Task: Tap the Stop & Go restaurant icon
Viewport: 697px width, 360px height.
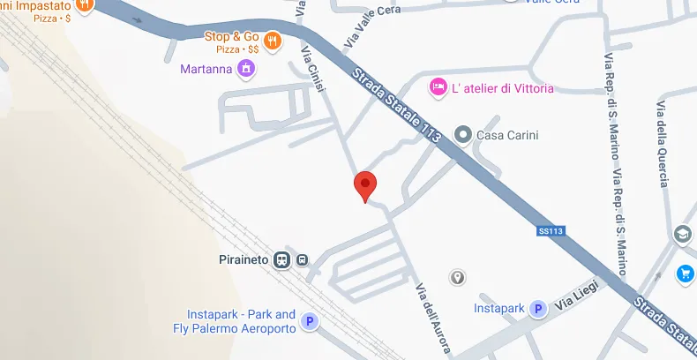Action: click(x=273, y=39)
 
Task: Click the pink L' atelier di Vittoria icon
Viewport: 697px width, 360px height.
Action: click(x=436, y=86)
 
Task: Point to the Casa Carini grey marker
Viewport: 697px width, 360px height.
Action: click(x=462, y=135)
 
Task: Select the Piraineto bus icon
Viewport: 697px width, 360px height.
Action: click(x=302, y=260)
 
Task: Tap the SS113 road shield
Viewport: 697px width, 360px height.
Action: click(x=550, y=232)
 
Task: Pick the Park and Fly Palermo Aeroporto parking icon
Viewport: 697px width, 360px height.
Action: click(x=309, y=322)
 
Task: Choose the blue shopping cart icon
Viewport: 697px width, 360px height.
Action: click(x=685, y=274)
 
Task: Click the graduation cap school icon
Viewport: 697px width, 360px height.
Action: click(x=683, y=235)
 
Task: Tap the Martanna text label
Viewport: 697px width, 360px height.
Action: click(x=208, y=69)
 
